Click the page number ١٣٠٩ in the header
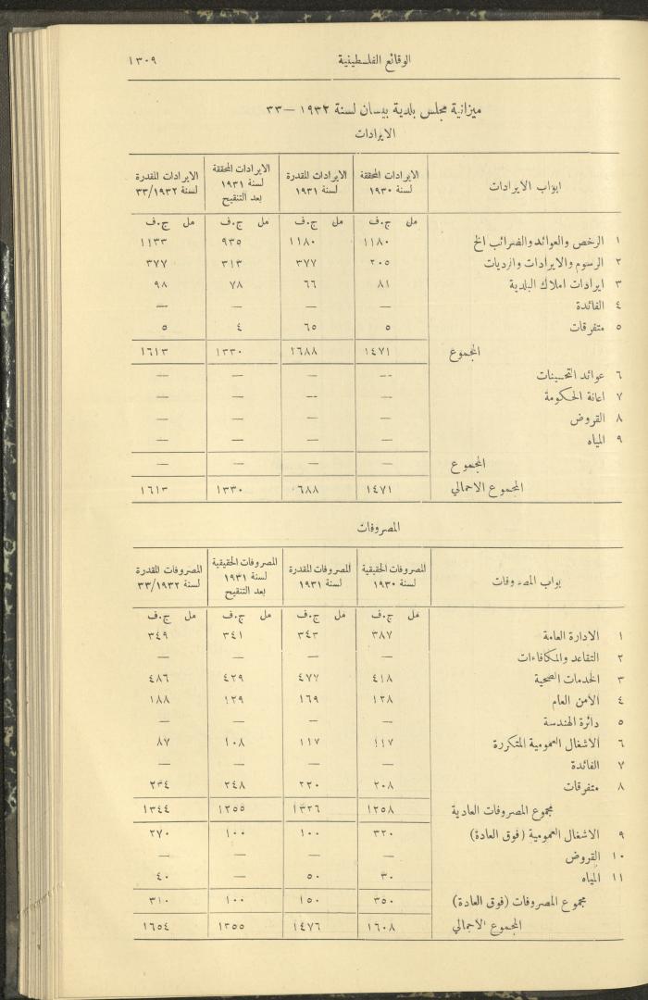click(x=143, y=61)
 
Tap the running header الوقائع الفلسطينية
click(x=374, y=61)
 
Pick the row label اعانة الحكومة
click(x=562, y=397)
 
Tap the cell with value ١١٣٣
click(x=153, y=244)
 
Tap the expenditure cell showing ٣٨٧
click(x=380, y=636)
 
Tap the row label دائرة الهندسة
click(x=567, y=721)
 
